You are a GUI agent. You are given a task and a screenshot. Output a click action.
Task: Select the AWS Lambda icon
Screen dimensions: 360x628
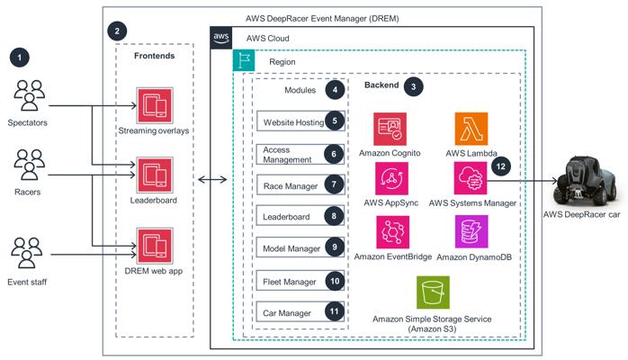pyautogui.click(x=471, y=126)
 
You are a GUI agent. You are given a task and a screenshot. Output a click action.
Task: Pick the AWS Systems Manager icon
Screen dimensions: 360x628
pyautogui.click(x=471, y=178)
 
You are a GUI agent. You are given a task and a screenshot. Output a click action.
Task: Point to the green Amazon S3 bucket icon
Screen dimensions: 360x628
pyautogui.click(x=433, y=292)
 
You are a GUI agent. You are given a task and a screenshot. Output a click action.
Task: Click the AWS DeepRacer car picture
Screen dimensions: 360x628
pyautogui.click(x=587, y=184)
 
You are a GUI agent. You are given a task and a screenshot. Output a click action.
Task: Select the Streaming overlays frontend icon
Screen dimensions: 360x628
pyautogui.click(x=150, y=105)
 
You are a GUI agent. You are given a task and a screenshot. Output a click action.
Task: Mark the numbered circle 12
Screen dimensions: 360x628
pyautogui.click(x=501, y=166)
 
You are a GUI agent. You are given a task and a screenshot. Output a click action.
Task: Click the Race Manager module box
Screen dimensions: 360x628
pyautogui.click(x=290, y=187)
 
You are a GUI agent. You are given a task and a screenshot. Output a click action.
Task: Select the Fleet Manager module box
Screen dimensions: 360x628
pyautogui.click(x=290, y=282)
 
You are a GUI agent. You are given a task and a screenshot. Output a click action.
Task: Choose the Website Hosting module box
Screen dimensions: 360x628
pyautogui.click(x=290, y=122)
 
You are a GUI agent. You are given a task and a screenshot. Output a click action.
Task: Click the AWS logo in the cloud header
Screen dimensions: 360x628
pyautogui.click(x=221, y=38)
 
